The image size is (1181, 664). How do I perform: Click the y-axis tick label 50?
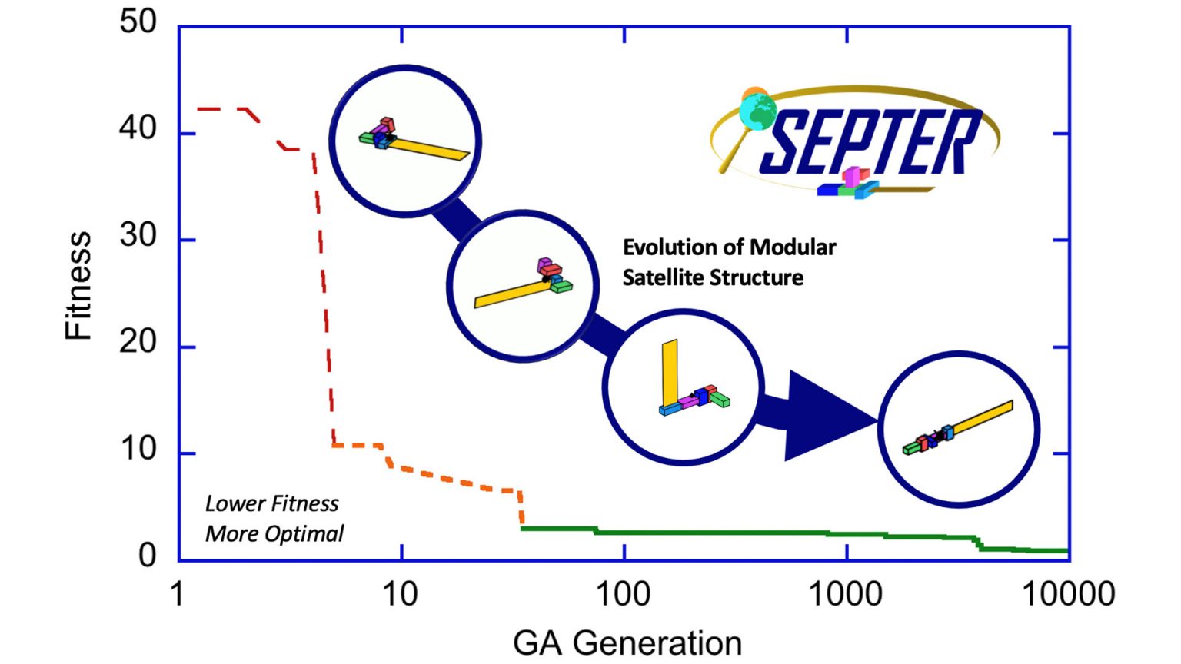pos(138,22)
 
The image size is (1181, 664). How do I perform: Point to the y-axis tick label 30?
pos(138,235)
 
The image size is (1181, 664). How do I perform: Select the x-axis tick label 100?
pos(623,594)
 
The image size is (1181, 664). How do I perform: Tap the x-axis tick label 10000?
pos(1068,594)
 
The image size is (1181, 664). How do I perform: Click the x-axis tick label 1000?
pos(845,594)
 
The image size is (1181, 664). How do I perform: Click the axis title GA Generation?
pos(627,642)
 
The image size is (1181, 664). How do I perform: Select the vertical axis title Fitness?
pos(78,286)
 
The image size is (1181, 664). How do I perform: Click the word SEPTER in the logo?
pos(869,141)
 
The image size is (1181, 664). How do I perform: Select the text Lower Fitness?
pos(271,503)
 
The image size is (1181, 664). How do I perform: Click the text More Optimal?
pos(274,533)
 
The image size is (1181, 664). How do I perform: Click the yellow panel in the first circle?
pos(431,148)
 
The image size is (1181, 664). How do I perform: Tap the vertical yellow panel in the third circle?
pos(670,372)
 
